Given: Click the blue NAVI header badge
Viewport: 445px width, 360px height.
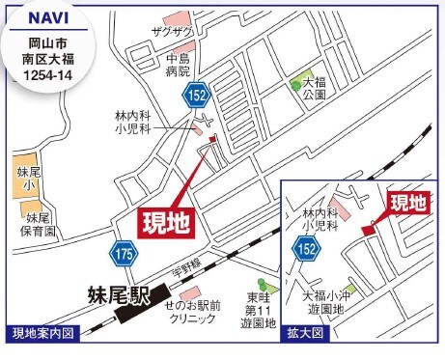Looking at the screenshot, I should (x=42, y=18).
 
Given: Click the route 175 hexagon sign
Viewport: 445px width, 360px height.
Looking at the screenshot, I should (x=124, y=254).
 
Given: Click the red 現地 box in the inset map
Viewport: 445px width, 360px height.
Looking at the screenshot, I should (x=407, y=203).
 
